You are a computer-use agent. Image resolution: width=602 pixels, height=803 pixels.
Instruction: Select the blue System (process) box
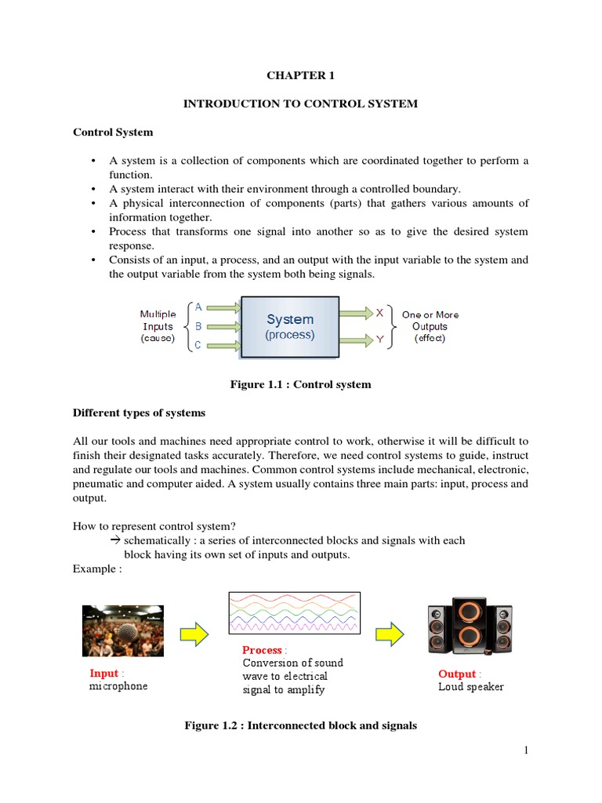pos(290,326)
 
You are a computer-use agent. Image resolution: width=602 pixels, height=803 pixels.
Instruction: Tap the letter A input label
pos(198,307)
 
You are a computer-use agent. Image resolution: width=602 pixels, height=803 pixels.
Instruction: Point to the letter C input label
pos(198,345)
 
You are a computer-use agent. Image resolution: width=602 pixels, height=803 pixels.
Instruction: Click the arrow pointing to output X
pos(356,313)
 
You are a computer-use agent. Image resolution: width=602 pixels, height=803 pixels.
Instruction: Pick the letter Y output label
pos(380,340)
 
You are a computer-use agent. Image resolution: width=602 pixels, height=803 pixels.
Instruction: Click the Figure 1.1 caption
pos(300,385)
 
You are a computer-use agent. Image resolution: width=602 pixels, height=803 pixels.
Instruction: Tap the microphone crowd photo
pos(123,630)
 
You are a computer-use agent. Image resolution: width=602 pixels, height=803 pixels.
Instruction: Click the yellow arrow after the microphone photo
pos(194,630)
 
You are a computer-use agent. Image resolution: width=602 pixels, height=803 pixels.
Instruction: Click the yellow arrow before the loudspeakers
pos(390,630)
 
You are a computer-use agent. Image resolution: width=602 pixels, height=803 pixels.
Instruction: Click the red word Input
pos(104,673)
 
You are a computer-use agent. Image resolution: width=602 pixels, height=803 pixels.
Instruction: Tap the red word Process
pos(262,650)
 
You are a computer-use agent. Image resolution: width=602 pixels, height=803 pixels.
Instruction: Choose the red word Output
pos(457,674)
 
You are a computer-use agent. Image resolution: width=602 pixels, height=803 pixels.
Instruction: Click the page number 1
pos(527,751)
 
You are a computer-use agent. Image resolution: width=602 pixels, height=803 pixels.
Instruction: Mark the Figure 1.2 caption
pos(300,726)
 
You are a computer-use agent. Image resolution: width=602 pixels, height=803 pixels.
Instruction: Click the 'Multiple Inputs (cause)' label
pos(158,326)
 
